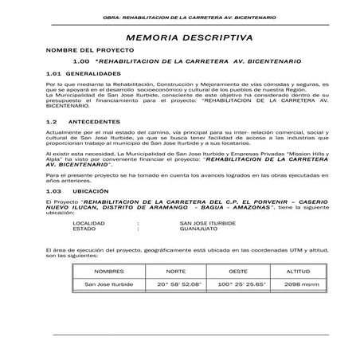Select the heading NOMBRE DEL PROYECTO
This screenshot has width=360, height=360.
tap(80, 50)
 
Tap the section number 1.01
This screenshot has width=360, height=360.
tap(53, 73)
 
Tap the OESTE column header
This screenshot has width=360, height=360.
tap(237, 272)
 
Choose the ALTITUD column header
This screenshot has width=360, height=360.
tap(297, 272)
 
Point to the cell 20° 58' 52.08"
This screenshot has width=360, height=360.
tap(179, 284)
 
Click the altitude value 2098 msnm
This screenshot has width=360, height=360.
tap(297, 284)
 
